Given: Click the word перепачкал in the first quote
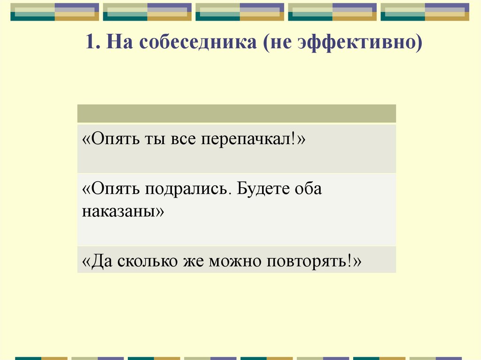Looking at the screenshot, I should click(x=248, y=140).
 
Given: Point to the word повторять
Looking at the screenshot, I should click(x=308, y=260).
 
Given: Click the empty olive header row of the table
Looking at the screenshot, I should click(x=236, y=114).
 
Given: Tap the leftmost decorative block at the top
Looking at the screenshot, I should click(x=54, y=12).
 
